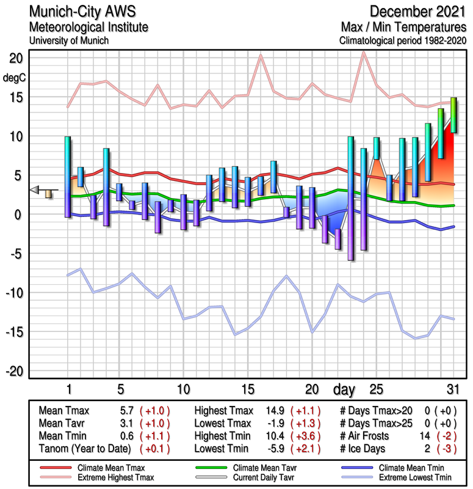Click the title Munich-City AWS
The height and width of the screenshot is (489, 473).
79,12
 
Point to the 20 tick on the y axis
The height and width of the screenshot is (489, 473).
16,58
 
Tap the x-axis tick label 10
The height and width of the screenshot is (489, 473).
183,389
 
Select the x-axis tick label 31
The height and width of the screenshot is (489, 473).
452,389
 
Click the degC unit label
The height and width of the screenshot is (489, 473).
15,78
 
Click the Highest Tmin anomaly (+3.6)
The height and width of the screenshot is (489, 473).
306,435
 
